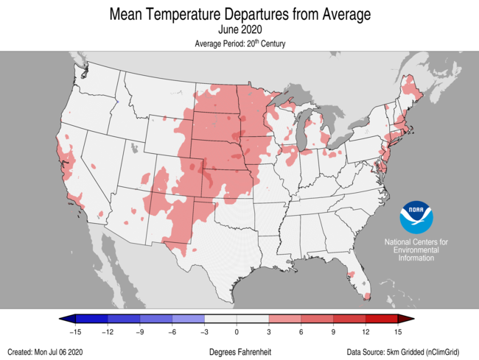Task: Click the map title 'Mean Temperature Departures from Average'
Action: coord(239,14)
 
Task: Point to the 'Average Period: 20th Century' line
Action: coord(239,44)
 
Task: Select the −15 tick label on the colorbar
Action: coord(74,332)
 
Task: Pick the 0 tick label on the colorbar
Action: coord(237,332)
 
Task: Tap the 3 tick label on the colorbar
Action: coord(270,332)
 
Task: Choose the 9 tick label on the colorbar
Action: coord(334,332)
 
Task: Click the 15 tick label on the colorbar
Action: coord(399,332)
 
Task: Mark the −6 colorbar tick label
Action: coord(172,332)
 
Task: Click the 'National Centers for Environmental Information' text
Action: coord(416,250)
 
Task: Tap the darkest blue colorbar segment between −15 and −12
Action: coord(91,319)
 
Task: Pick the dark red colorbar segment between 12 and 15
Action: coord(382,319)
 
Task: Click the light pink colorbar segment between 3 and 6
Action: coord(286,319)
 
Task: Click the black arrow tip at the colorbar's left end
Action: coord(64,319)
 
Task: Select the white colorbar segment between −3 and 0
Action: coord(221,319)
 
